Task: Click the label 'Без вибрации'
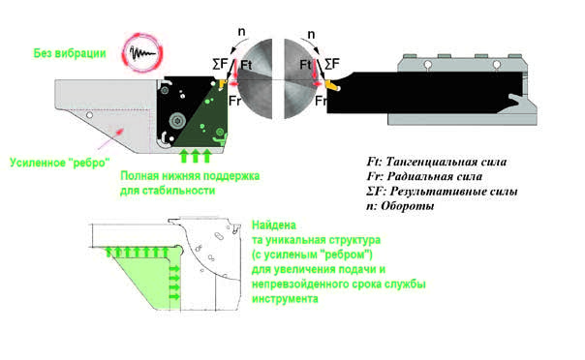coord(70,53)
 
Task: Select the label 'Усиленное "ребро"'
coord(60,163)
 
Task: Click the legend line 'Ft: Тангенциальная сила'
coord(437,162)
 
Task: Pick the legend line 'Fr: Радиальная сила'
coord(424,176)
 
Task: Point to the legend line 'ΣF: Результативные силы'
coord(442,192)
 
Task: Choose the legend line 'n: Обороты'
coord(400,206)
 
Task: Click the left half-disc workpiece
coord(256,79)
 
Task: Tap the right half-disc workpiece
coord(301,79)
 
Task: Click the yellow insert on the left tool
coord(223,83)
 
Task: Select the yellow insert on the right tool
coord(332,85)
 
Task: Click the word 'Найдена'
coord(274,225)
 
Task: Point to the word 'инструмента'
coord(285,298)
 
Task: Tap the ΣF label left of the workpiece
coord(220,64)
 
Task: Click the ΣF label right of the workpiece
coord(332,64)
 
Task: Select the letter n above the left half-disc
coord(242,32)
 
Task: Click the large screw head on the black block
coord(177,121)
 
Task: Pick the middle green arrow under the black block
coord(195,156)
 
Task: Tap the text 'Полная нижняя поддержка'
coord(190,176)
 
